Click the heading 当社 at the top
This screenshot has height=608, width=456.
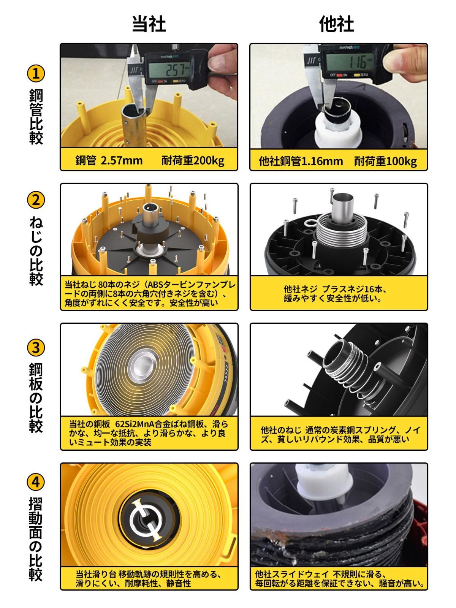(149, 24)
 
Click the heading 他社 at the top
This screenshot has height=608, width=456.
(336, 24)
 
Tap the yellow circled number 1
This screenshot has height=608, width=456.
(36, 74)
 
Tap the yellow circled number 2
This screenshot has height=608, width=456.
(36, 200)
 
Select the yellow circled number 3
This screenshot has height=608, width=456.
(36, 348)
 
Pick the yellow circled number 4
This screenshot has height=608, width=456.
(36, 482)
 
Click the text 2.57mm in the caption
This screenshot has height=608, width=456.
(122, 160)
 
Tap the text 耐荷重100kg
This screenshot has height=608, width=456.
(385, 161)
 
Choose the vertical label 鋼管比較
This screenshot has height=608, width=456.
(36, 117)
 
